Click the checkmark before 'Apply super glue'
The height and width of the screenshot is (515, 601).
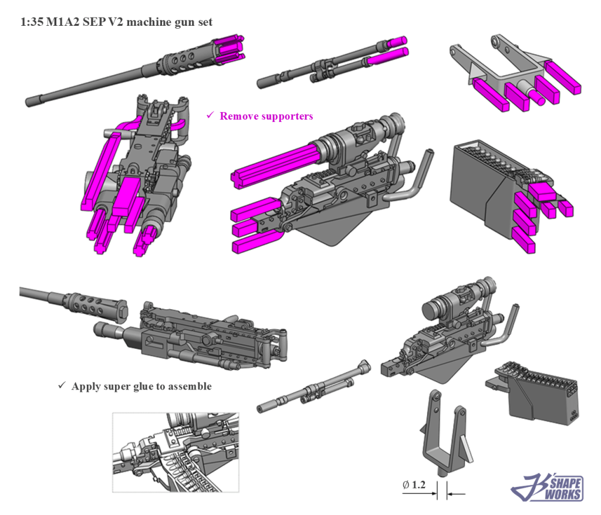[x=62, y=386]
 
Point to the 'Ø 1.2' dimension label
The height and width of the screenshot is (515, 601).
[x=413, y=485]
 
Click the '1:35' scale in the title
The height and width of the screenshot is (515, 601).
[x=31, y=22]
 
